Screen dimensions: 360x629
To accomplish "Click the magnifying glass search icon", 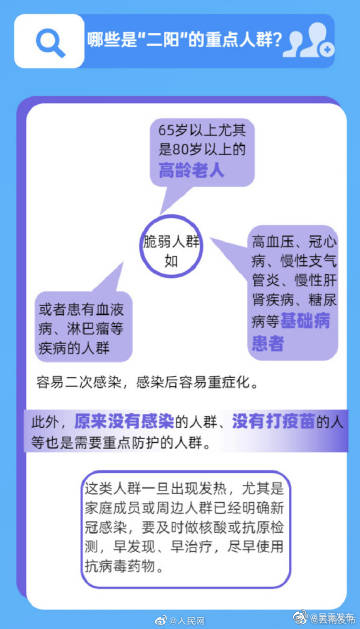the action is point(48,41).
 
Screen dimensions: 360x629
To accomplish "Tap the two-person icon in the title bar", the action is point(316,41).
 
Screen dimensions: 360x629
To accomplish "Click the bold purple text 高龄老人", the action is point(191,170).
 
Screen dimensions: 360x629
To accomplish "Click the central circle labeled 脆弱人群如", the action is point(171,251).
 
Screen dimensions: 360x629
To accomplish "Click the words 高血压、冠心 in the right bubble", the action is point(294,241).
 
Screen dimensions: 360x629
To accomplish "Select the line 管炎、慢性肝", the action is point(294,281).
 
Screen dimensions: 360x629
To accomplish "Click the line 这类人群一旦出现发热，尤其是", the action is point(185,488).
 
